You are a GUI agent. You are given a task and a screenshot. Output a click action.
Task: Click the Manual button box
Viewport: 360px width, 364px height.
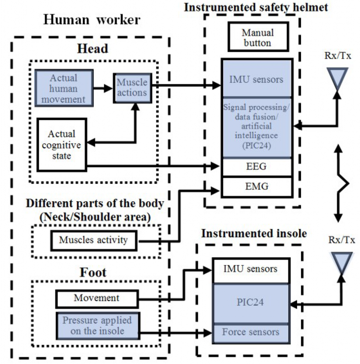[x=258, y=37]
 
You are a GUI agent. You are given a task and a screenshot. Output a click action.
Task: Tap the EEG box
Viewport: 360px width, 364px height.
[x=257, y=166]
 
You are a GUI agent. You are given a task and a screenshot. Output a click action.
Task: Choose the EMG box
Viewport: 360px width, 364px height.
[x=257, y=187]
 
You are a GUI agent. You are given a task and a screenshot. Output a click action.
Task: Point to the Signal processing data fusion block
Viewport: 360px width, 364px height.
[x=257, y=127]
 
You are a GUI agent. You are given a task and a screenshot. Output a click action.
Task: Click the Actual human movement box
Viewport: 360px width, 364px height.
[x=64, y=88]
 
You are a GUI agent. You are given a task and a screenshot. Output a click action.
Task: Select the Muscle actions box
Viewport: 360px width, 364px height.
[x=133, y=88]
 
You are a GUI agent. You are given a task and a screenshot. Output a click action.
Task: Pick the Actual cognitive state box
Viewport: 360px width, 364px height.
[x=62, y=145]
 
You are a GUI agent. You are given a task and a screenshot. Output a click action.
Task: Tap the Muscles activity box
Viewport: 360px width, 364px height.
[x=94, y=241]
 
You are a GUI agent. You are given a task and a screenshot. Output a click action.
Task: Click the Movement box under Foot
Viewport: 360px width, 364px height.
[x=97, y=299]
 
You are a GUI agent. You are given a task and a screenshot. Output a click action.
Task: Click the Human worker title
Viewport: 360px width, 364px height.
[x=92, y=20]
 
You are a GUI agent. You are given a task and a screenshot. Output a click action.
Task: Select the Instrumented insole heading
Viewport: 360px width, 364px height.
[x=254, y=234]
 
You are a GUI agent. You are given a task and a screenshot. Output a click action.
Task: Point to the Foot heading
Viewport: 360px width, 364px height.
[x=93, y=272]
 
